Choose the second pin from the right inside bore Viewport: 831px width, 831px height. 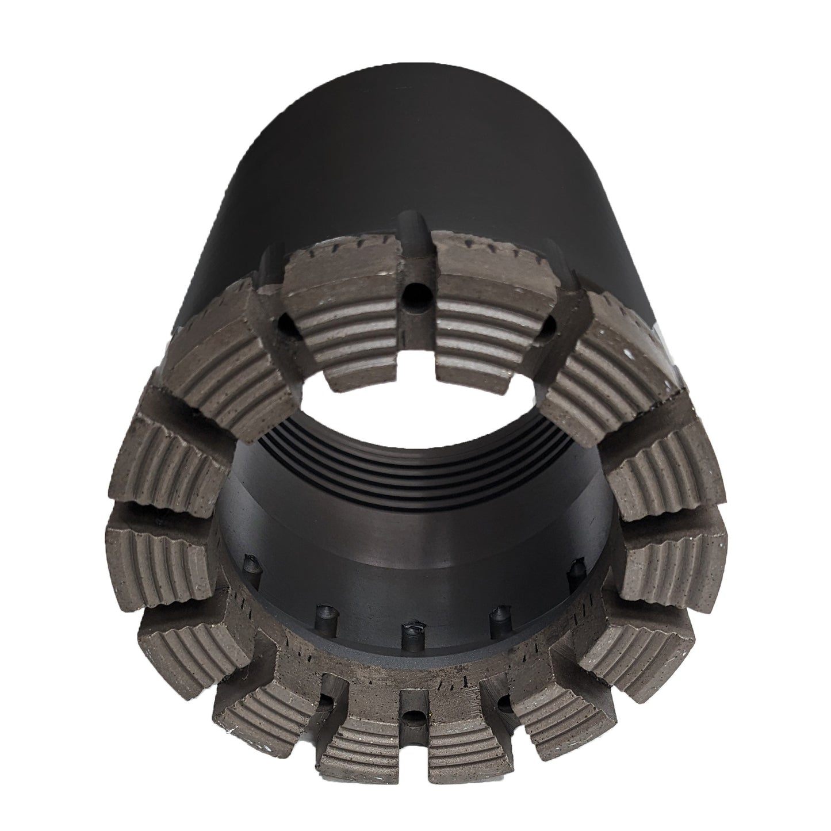[495, 614]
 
